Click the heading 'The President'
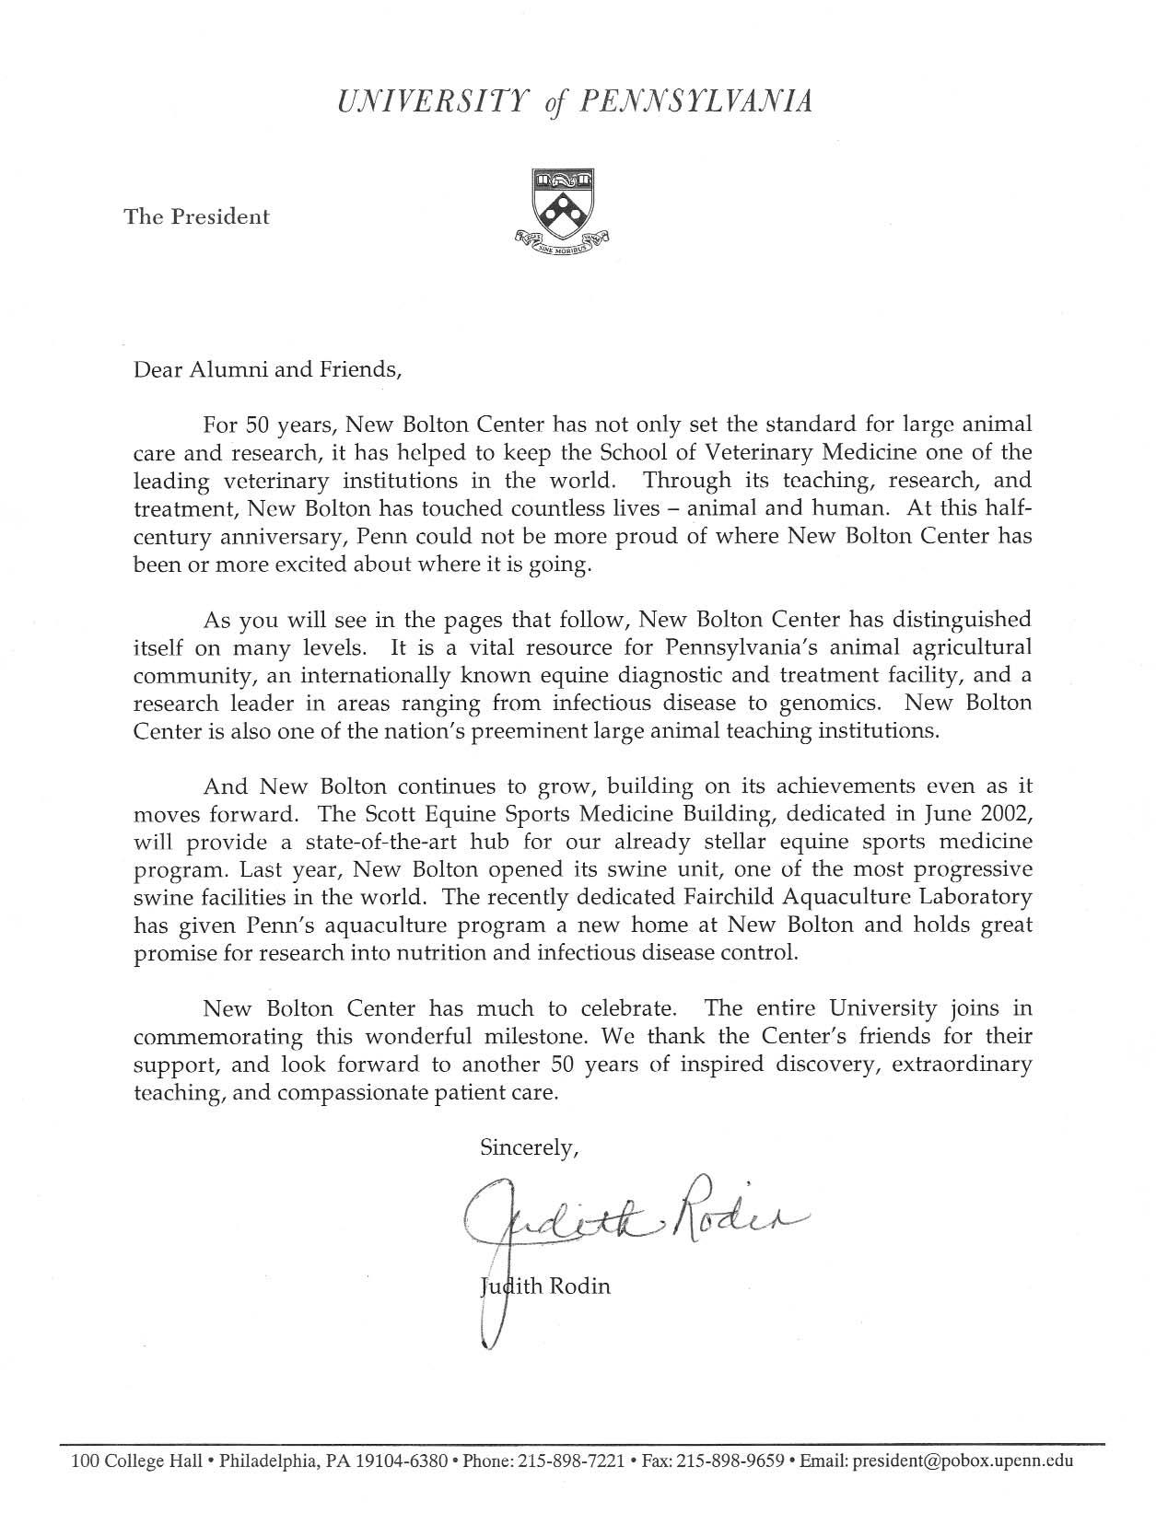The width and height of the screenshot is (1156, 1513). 197,217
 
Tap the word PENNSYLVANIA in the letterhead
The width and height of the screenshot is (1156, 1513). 695,101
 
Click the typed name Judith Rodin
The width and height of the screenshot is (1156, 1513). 545,1286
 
